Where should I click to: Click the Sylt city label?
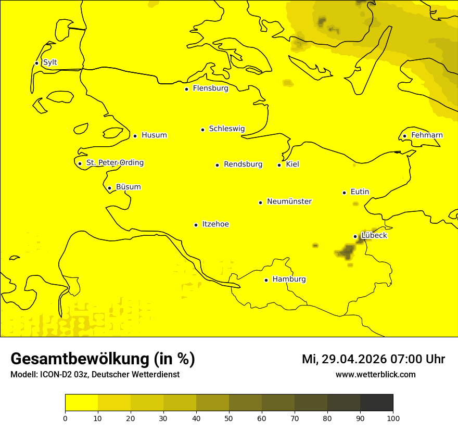pyautogui.click(x=50, y=62)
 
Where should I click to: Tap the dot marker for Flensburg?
pyautogui.click(x=186, y=89)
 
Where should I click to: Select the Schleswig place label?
pyautogui.click(x=226, y=129)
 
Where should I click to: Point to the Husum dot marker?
pyautogui.click(x=135, y=136)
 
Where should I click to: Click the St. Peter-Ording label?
pyautogui.click(x=115, y=163)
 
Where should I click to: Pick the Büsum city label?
pyautogui.click(x=128, y=187)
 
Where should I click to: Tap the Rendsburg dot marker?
pyautogui.click(x=217, y=165)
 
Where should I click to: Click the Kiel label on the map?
pyautogui.click(x=292, y=164)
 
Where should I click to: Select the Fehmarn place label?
pyautogui.click(x=427, y=135)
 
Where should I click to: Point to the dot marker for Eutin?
pyautogui.click(x=344, y=193)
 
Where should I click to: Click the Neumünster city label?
pyautogui.click(x=289, y=201)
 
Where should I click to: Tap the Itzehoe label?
pyautogui.click(x=215, y=224)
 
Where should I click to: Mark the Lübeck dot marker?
pyautogui.click(x=355, y=236)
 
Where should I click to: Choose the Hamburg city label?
pyautogui.click(x=289, y=279)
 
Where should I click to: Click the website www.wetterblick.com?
pyautogui.click(x=375, y=375)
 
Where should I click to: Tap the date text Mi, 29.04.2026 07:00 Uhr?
pyautogui.click(x=373, y=359)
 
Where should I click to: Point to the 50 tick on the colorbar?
pyautogui.click(x=229, y=418)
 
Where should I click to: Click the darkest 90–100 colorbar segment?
pyautogui.click(x=376, y=402)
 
